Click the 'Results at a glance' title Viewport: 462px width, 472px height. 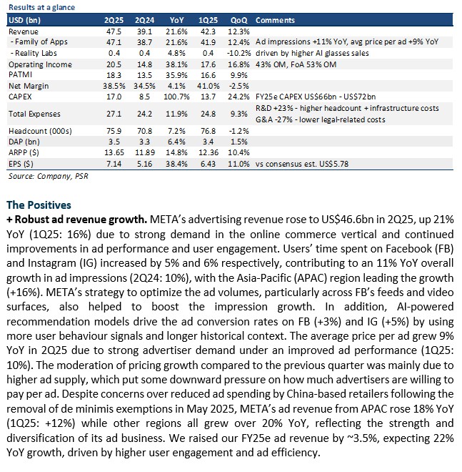(41, 7)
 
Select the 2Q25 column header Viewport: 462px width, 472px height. (114, 20)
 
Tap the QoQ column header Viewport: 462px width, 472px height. (238, 20)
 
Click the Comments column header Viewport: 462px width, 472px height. (275, 20)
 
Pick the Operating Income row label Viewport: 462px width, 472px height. (40, 64)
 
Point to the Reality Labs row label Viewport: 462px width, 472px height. (34, 53)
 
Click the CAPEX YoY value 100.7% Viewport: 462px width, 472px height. (176, 97)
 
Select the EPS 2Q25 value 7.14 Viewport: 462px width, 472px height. (114, 164)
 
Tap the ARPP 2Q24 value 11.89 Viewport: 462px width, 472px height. (144, 152)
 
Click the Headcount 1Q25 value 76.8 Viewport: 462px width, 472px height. (208, 131)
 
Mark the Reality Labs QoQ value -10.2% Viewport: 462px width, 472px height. (238, 53)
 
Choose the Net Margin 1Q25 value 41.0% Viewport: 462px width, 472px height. (208, 86)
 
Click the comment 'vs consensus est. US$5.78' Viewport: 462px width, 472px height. (302, 164)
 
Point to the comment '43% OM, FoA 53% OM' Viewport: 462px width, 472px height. (296, 64)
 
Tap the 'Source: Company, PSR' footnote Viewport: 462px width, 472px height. (48, 176)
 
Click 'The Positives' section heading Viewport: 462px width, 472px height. (39, 205)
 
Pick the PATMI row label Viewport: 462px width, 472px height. (21, 74)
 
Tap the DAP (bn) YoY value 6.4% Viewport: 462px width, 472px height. (176, 142)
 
